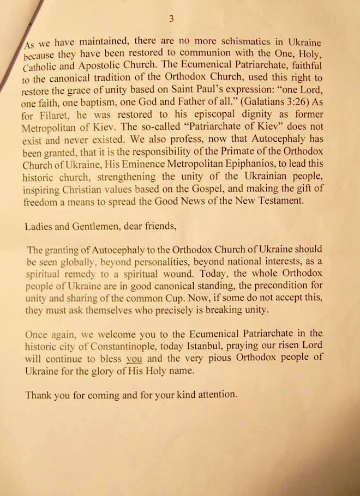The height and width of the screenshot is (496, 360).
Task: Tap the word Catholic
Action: [42, 68]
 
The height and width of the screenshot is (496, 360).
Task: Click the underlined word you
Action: [134, 358]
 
